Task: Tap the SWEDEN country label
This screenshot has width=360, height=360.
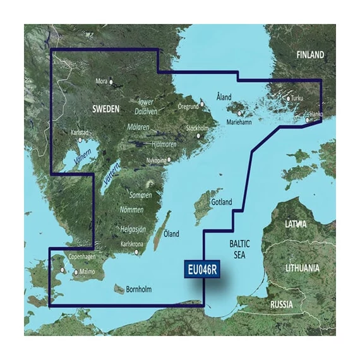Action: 105,109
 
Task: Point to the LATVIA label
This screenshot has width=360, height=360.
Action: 296,224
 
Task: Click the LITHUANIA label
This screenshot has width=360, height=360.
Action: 303,268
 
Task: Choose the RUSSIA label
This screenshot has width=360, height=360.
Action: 281,304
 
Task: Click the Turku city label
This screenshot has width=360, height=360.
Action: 297,99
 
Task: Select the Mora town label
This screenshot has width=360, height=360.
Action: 100,81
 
